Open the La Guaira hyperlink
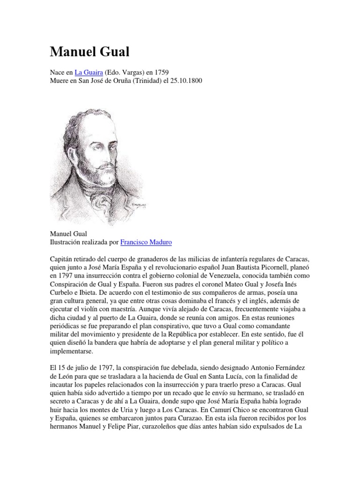pos(89,72)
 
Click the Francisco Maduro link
pos(146,242)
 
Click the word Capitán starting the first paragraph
pos(62,260)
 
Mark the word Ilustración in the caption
pos(67,242)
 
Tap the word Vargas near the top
pos(132,72)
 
